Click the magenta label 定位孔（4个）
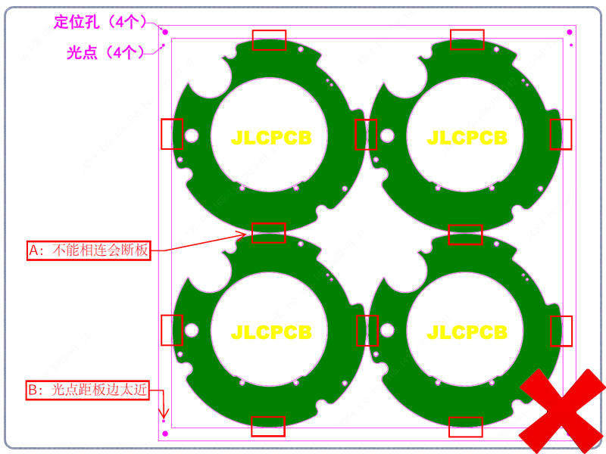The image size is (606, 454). pyautogui.click(x=100, y=22)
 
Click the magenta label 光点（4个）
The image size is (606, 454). pyautogui.click(x=105, y=52)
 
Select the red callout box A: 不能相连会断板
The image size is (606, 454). pyautogui.click(x=89, y=250)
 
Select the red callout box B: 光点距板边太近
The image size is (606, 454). pyautogui.click(x=87, y=390)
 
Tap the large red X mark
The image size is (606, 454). pyautogui.click(x=562, y=411)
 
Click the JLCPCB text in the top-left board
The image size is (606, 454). pyautogui.click(x=271, y=138)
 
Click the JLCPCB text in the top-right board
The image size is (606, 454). pyautogui.click(x=467, y=138)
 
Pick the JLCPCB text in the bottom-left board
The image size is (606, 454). pyautogui.click(x=271, y=332)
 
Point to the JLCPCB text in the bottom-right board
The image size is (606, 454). pyautogui.click(x=467, y=332)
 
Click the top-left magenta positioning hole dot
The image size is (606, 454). pyautogui.click(x=165, y=32)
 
